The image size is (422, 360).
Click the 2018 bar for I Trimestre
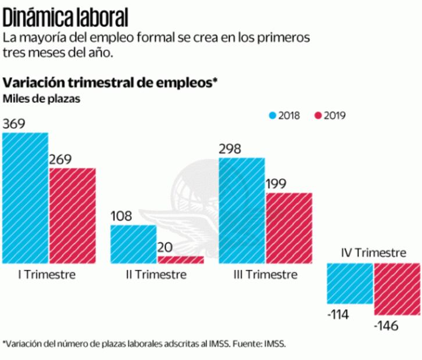pos(25,198)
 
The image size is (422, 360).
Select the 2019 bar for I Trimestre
pos(72,215)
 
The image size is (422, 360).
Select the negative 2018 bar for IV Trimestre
pos(350,283)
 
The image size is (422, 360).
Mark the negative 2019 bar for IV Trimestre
pos(397,289)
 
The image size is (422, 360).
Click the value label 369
pos(14,124)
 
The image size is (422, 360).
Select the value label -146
pos(387,326)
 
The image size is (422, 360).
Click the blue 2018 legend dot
pos(271,115)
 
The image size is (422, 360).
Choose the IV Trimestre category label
pos(373,253)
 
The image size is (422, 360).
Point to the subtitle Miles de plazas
pos(41,98)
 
